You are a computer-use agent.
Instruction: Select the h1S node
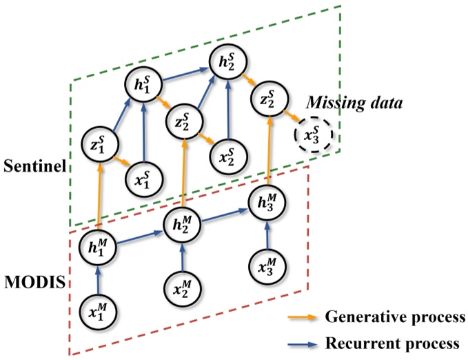(x=143, y=88)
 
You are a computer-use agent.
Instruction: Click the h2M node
(x=181, y=223)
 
